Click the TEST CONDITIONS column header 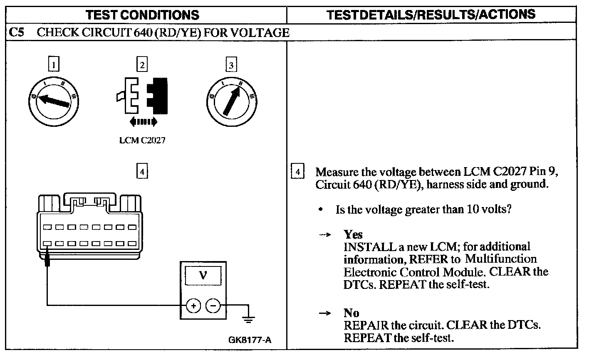142,15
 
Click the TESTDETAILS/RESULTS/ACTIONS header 431,15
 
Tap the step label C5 17,33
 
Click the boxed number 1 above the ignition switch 54,64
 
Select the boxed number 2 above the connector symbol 142,64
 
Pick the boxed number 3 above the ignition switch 231,64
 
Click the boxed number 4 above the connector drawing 142,171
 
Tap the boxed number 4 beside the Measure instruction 297,172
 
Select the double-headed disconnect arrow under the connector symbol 143,121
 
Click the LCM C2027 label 142,141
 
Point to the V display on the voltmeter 203,275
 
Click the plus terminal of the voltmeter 193,306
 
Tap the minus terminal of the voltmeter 213,306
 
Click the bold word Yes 353,234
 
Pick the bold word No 351,313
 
